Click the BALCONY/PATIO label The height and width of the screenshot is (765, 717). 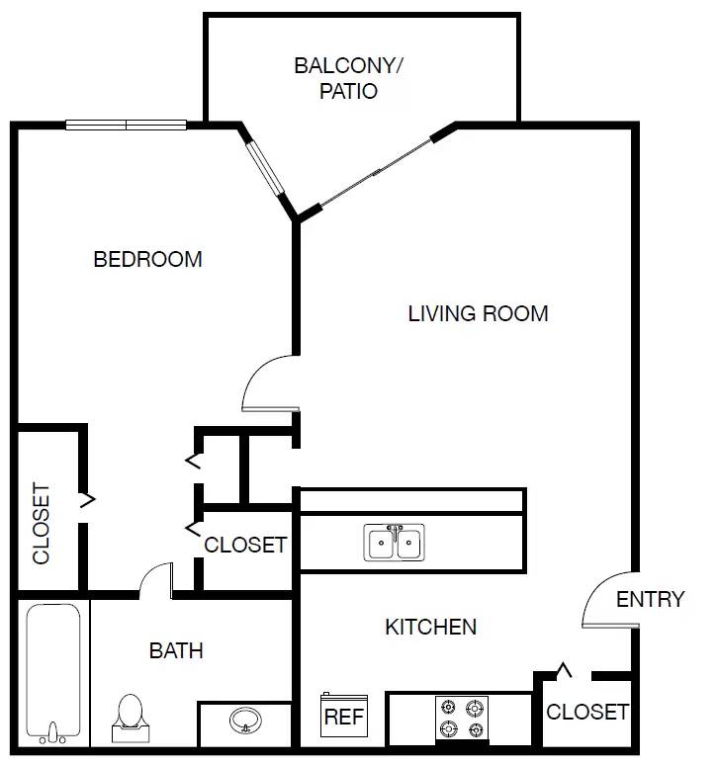click(349, 79)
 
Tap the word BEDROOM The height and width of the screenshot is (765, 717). click(147, 260)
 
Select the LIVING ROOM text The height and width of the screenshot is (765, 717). click(478, 314)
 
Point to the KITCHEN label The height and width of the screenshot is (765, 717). click(430, 627)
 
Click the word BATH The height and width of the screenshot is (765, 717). click(176, 650)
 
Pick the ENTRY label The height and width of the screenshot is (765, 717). click(650, 600)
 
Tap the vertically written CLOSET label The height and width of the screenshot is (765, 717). click(42, 523)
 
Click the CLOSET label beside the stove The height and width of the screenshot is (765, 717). click(586, 712)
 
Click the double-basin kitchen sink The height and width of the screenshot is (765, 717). click(395, 544)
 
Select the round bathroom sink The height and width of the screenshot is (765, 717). click(244, 721)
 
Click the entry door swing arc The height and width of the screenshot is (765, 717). click(605, 601)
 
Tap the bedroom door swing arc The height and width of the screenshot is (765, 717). click(267, 384)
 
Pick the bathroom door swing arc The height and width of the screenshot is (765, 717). click(155, 580)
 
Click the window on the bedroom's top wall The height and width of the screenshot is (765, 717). click(126, 126)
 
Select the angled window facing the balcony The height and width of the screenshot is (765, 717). click(267, 169)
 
